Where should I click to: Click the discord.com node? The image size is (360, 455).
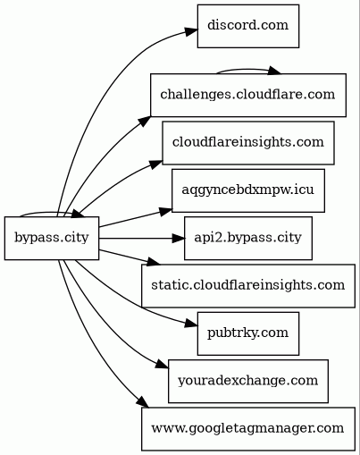point(248,26)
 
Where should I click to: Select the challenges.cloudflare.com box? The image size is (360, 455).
point(248,95)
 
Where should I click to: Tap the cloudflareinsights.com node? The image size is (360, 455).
point(248,143)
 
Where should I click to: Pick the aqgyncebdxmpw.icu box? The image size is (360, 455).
point(248,190)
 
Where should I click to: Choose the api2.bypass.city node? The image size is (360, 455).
point(248,239)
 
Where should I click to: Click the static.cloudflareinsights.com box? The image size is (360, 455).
point(248,286)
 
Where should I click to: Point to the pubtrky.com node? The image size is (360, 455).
point(248,333)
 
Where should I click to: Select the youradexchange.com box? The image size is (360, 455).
point(248,382)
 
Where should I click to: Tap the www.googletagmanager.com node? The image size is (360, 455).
point(248,429)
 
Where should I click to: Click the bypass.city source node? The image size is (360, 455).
point(52,239)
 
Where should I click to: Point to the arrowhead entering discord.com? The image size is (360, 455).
point(190,31)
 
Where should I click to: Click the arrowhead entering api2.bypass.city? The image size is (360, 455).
point(178,239)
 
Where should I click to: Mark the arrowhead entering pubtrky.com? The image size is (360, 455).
point(190,324)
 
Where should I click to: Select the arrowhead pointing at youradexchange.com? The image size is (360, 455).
point(162,364)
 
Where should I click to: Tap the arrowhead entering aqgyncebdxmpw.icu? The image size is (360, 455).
point(165,211)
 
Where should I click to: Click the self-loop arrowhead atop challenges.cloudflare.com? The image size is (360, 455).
point(274,71)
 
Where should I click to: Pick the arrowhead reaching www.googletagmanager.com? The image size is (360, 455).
point(142,401)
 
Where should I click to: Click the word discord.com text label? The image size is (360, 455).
point(248,25)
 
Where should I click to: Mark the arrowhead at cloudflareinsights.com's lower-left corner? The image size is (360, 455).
point(155,164)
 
